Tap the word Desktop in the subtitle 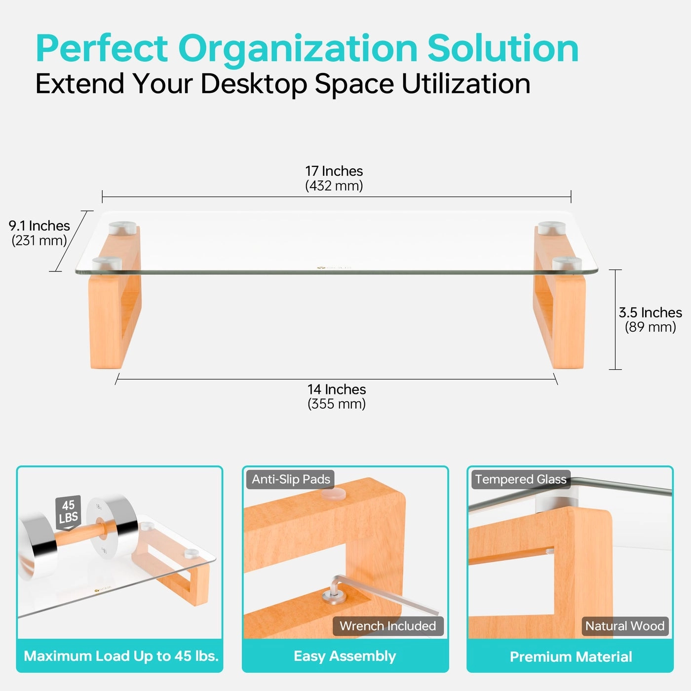254,84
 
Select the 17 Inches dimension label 334,171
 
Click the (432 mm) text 334,186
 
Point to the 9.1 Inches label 39,226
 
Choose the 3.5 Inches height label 650,312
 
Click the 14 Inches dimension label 337,389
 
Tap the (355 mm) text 337,404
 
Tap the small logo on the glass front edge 334,268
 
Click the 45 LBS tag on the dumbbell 68,512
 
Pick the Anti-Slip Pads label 291,479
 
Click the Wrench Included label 387,626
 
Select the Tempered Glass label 520,479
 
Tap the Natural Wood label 624,626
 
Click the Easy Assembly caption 345,656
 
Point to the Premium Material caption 571,656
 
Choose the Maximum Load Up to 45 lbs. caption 121,656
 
